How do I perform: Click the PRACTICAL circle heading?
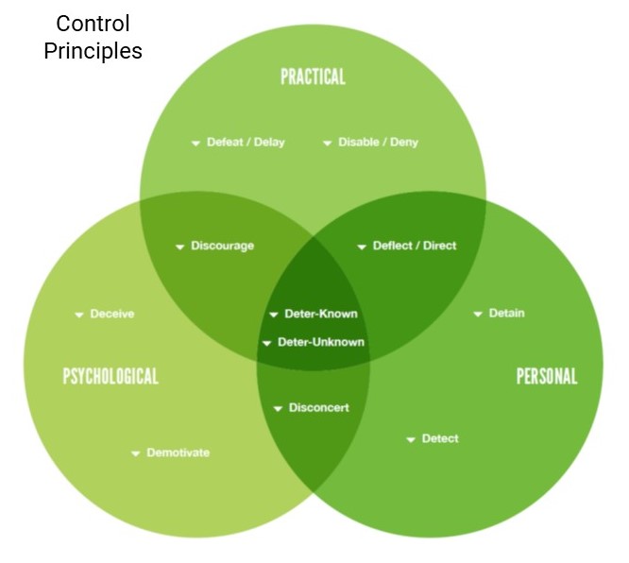pos(313,77)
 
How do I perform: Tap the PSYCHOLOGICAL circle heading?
pos(110,376)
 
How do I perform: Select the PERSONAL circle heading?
pos(547,376)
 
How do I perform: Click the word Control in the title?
pos(93,24)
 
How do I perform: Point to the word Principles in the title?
pos(93,51)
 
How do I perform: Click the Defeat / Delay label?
pos(246,142)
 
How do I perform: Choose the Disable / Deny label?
pos(379,142)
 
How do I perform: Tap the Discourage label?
pos(222,246)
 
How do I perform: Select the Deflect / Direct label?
pos(415,246)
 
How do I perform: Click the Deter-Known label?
pos(321,314)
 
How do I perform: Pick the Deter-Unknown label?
pos(321,342)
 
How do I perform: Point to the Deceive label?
pos(112,314)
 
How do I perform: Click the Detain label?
pos(506,313)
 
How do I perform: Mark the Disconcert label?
pos(319,408)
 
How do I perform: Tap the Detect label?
pos(440,438)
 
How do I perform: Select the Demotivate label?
pos(178,452)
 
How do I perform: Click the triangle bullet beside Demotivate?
pos(136,453)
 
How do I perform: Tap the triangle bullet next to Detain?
pos(478,315)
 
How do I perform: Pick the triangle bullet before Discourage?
pos(180,247)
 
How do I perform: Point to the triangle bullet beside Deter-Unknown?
pos(266,344)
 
